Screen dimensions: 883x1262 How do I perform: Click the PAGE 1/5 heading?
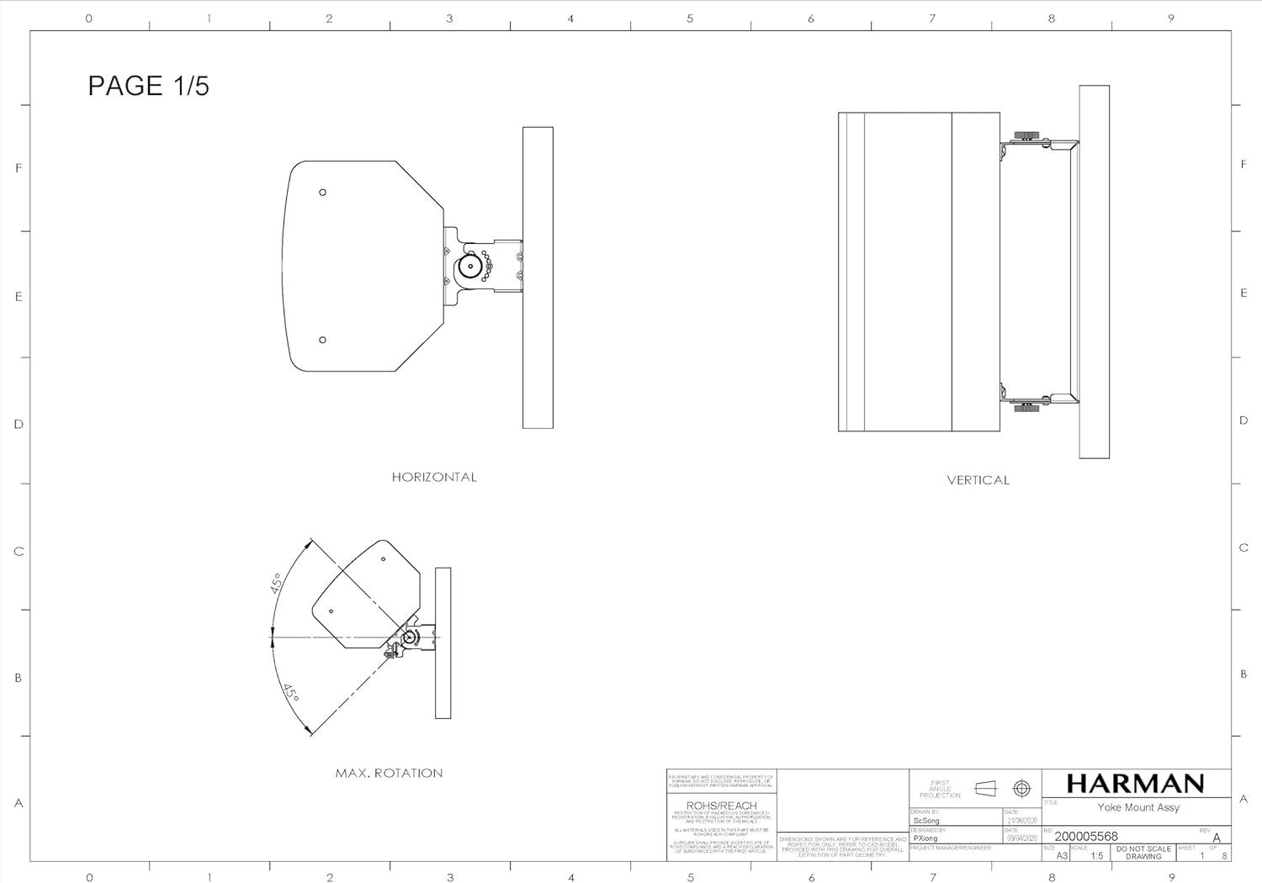[x=148, y=86]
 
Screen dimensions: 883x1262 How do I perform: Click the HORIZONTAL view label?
[x=434, y=477]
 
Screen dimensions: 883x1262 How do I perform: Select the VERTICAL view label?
[x=978, y=480]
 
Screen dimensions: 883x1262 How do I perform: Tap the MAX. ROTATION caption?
[x=389, y=773]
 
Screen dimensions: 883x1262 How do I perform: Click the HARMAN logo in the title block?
[x=1135, y=784]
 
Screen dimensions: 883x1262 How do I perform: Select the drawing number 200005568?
[x=1086, y=836]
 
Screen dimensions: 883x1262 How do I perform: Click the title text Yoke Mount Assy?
[x=1137, y=807]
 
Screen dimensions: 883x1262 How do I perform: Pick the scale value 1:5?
[x=1096, y=855]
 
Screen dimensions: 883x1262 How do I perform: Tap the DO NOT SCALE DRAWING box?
[x=1143, y=853]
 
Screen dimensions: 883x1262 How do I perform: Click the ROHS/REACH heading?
[x=721, y=806]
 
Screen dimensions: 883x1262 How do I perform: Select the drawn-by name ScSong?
[x=926, y=821]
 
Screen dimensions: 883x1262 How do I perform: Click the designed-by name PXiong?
[x=925, y=838]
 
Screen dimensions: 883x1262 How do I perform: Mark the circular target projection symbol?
[x=1021, y=788]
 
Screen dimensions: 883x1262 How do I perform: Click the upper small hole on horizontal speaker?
[x=323, y=193]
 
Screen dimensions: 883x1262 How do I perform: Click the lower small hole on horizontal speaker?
[x=323, y=340]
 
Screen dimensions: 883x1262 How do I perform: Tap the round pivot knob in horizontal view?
[x=469, y=267]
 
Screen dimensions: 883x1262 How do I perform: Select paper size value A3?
[x=1062, y=855]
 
